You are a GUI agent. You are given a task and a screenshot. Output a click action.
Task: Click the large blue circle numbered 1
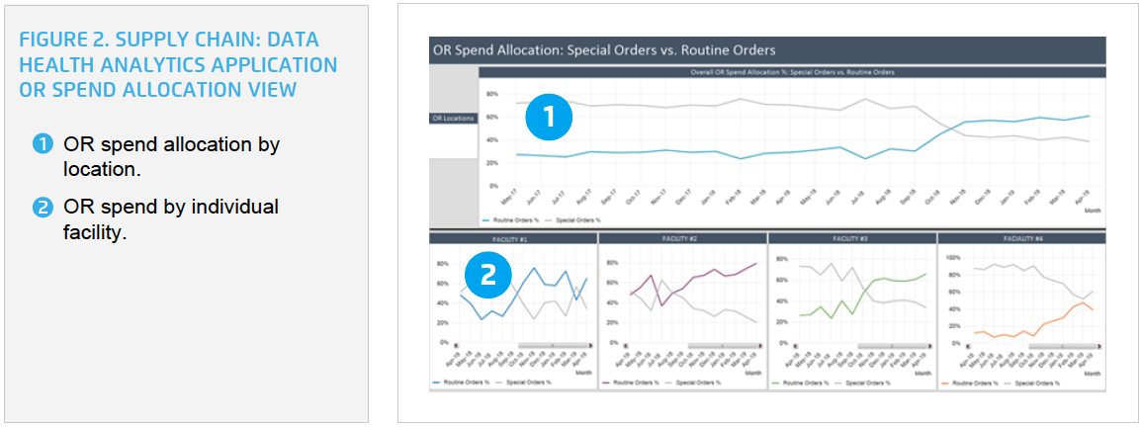click(547, 118)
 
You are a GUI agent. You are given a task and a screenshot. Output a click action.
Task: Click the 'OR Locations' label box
click(453, 119)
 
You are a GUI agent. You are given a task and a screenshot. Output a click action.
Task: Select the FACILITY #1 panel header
click(513, 238)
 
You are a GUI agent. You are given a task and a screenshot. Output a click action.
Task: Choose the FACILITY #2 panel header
click(682, 238)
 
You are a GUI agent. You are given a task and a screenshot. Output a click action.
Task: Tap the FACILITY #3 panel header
click(851, 238)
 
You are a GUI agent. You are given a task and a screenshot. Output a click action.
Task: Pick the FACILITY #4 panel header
click(1020, 238)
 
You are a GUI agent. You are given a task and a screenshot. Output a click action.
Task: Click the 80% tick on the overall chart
click(490, 94)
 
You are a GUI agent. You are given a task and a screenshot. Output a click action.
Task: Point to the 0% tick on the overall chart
click(491, 186)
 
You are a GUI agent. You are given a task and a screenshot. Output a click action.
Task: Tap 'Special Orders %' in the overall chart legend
click(573, 219)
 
